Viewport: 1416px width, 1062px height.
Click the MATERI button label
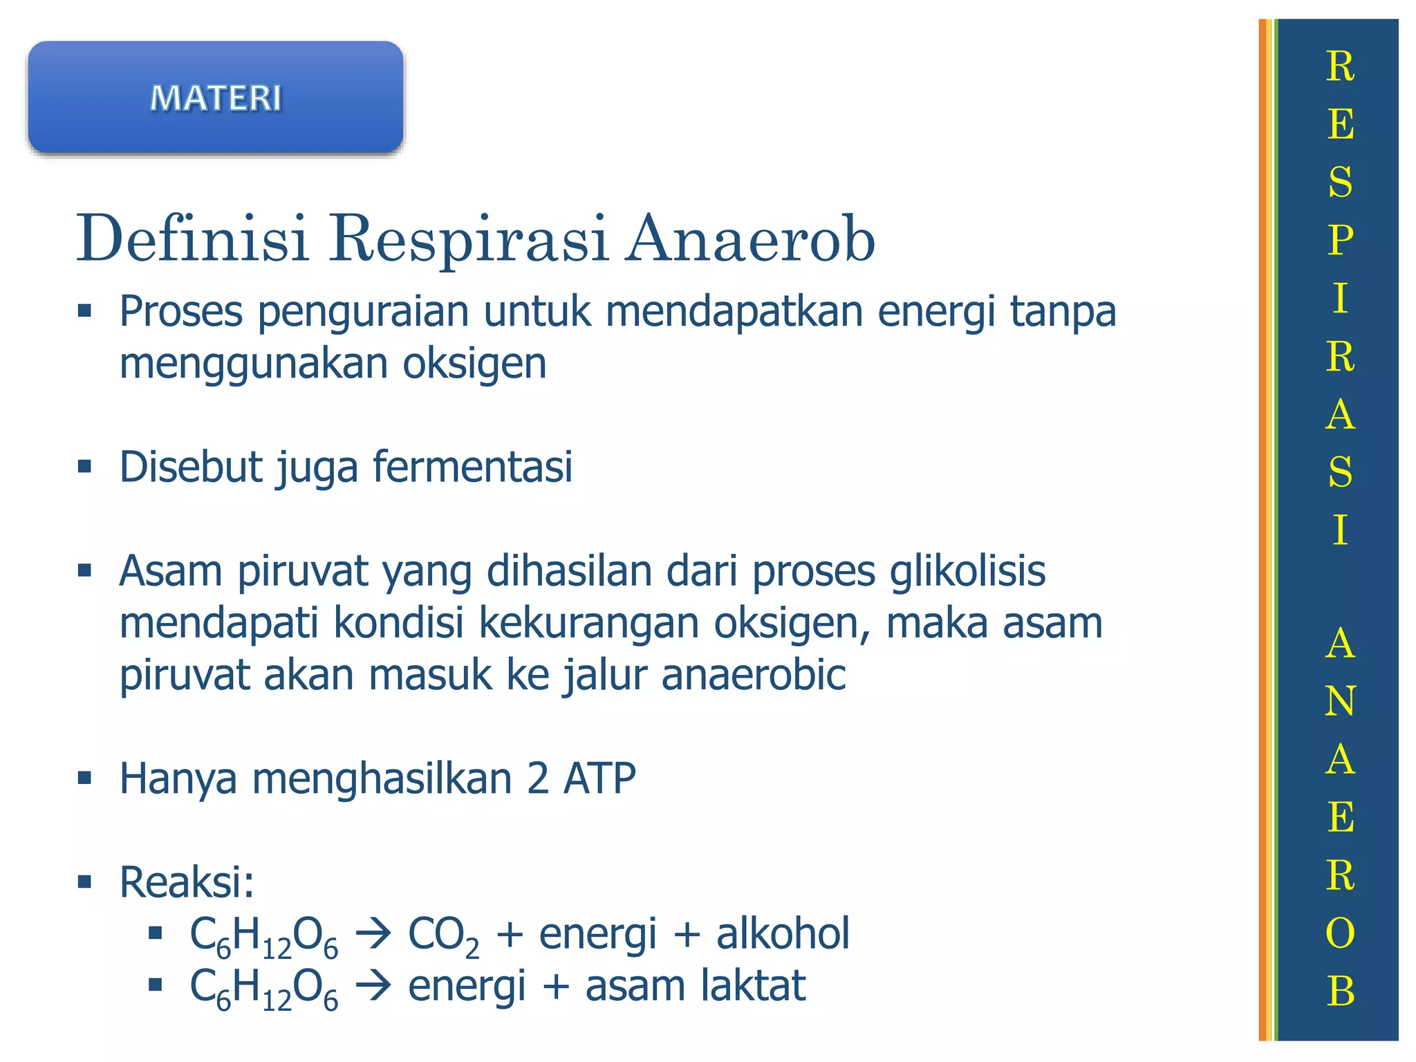point(216,97)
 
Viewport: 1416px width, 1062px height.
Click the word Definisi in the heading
point(192,239)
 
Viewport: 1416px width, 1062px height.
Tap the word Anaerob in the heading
point(750,239)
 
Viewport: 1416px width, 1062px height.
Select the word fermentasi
point(473,467)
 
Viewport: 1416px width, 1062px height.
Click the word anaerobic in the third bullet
point(754,675)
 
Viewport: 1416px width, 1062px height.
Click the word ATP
point(599,779)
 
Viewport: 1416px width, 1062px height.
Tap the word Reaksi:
point(187,882)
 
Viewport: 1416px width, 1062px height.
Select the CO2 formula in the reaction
point(443,935)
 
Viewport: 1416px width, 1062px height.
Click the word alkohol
point(783,933)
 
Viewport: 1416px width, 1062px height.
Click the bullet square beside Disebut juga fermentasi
point(85,467)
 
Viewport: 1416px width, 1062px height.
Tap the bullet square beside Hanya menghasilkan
point(85,779)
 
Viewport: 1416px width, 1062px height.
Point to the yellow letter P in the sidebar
point(1340,240)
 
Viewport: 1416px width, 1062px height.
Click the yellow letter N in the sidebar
point(1340,701)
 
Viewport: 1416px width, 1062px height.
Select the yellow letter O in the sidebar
point(1340,933)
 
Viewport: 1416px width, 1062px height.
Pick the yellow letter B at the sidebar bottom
point(1340,991)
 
